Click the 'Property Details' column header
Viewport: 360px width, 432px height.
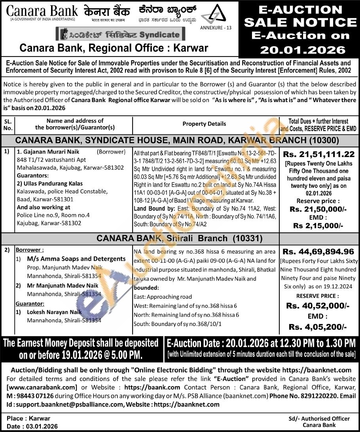(204, 124)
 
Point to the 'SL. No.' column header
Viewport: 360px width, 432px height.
(8, 124)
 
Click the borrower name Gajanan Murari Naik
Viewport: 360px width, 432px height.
(51, 152)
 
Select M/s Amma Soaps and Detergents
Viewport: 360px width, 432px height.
(76, 259)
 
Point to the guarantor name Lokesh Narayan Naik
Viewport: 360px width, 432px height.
(54, 312)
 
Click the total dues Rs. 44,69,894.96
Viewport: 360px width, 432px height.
(319, 251)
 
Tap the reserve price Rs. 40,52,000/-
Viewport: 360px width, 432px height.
(318, 305)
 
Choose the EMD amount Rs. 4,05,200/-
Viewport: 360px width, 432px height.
(318, 326)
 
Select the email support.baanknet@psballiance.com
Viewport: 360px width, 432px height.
(69, 404)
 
